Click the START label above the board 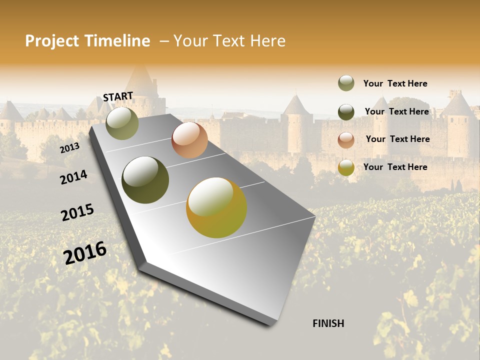(118, 96)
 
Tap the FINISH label (328, 323)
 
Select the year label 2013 (69, 147)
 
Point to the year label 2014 (73, 177)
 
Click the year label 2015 (77, 212)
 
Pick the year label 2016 (85, 252)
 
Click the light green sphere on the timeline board (122, 123)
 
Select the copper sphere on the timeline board (189, 140)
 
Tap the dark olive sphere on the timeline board (145, 180)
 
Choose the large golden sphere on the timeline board (216, 207)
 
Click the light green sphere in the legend (346, 83)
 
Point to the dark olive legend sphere (346, 111)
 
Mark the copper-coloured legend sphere (346, 139)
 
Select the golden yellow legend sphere (346, 167)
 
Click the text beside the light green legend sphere (395, 83)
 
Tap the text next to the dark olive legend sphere (396, 111)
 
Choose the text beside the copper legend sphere (397, 139)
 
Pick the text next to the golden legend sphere (395, 167)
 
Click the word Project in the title (52, 41)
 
